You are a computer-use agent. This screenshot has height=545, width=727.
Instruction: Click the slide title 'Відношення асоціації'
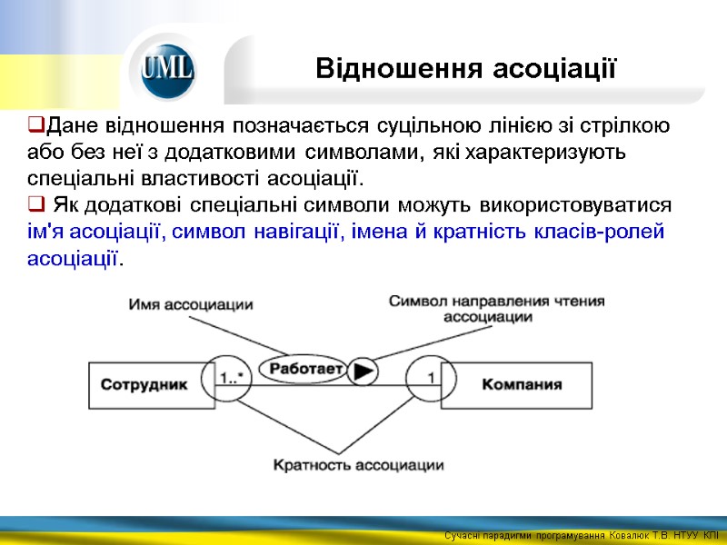(x=466, y=68)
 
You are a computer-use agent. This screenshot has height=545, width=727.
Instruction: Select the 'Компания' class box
(x=521, y=384)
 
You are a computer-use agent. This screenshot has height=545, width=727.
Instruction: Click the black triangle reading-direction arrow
(x=363, y=371)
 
